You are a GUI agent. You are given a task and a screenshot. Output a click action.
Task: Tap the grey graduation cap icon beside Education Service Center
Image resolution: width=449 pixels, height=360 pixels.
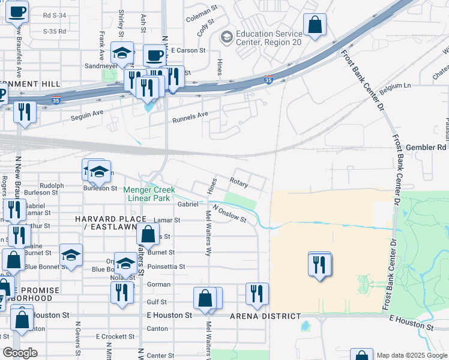(226, 38)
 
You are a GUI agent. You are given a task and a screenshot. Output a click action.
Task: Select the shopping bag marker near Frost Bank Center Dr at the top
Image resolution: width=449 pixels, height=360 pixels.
(315, 25)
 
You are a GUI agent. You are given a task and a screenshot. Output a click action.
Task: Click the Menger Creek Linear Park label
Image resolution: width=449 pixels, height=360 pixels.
(149, 194)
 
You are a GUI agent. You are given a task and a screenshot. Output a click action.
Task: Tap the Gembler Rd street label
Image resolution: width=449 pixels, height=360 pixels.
(426, 147)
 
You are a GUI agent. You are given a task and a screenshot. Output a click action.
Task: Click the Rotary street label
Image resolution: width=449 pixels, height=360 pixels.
(239, 180)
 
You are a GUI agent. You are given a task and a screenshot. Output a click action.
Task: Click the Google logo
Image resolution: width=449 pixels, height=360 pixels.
(20, 353)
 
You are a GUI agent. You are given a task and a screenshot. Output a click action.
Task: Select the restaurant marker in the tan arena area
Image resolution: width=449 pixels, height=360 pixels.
(320, 263)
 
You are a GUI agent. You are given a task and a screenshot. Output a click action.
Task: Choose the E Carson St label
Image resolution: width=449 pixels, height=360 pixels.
(188, 51)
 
